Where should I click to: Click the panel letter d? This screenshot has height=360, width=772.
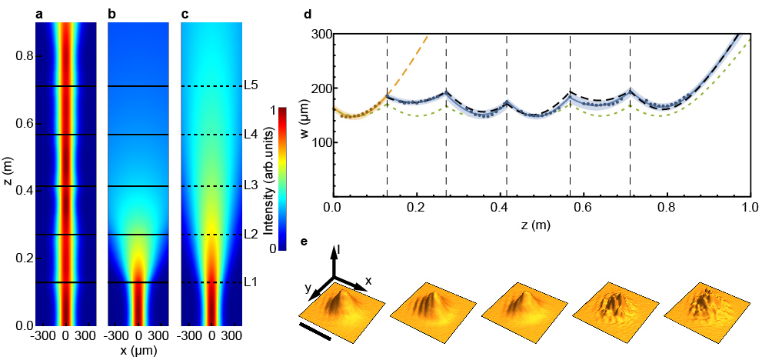[308, 13]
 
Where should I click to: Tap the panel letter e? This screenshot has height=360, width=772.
[308, 242]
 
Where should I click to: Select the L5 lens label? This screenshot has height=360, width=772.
[250, 85]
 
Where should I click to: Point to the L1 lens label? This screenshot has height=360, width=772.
[250, 282]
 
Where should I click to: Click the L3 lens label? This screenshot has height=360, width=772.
[250, 185]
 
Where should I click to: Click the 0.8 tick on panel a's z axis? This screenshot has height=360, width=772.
[18, 56]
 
